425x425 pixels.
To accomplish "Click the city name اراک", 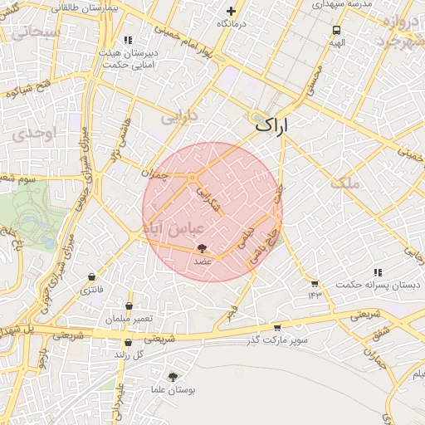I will [273, 127].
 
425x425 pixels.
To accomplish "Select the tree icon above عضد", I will [201, 248].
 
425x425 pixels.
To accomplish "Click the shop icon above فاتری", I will [91, 277].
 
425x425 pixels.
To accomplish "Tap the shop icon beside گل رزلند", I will [128, 343].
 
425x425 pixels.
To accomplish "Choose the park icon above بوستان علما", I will [173, 377].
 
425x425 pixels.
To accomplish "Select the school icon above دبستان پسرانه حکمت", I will [378, 272].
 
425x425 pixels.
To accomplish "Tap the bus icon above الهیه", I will [335, 30].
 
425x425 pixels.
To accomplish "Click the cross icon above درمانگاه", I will [231, 12].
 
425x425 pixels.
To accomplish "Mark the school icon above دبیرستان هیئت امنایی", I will [128, 40].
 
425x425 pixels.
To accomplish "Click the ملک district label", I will [347, 183].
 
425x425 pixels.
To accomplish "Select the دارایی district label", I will [180, 118].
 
